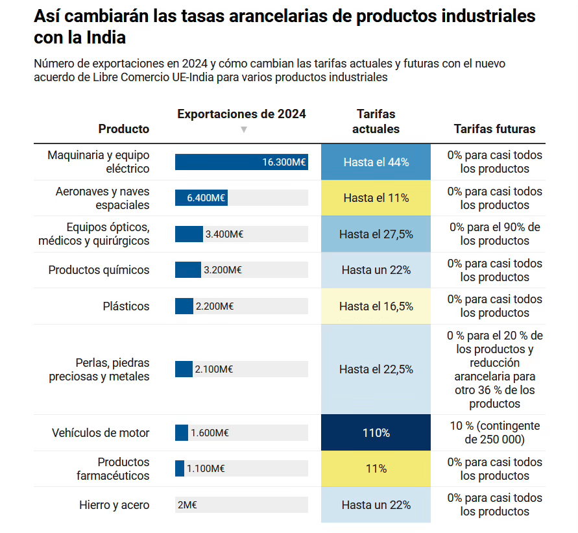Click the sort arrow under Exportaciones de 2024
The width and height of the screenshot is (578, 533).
tap(244, 129)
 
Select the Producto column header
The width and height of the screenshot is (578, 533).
tap(123, 129)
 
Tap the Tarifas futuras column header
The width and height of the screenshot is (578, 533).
tap(494, 129)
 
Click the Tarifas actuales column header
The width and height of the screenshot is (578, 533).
tap(376, 121)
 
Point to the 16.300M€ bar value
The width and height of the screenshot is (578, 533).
tap(284, 162)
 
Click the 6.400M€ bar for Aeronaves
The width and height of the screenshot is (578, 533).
tap(201, 198)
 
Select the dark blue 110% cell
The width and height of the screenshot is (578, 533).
tap(376, 432)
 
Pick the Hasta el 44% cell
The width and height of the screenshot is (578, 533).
tap(376, 162)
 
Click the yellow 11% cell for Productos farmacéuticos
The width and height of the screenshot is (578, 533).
tap(376, 469)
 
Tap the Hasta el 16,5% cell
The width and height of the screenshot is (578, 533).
tap(376, 306)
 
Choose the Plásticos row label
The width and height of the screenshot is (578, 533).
tap(126, 306)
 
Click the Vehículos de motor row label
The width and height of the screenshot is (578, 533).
tap(101, 432)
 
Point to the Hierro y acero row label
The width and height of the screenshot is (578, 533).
tap(114, 505)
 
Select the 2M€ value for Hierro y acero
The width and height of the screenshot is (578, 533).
tap(187, 505)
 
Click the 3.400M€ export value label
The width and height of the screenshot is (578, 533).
tap(224, 234)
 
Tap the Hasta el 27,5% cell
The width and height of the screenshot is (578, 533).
tap(376, 234)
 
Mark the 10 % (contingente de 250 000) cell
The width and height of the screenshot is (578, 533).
tap(494, 432)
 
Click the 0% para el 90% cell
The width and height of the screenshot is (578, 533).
tap(494, 234)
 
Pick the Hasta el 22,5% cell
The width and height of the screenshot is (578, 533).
tap(376, 369)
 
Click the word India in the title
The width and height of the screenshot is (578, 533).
tap(106, 38)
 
